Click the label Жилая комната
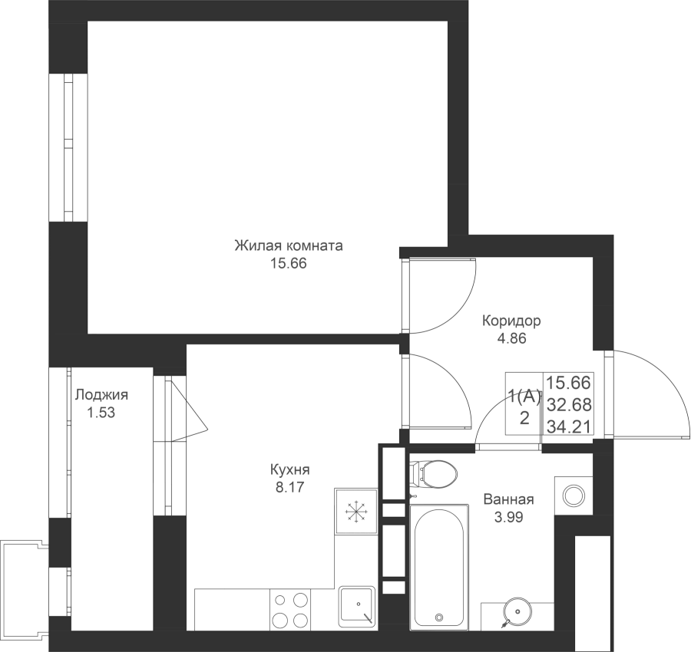pyautogui.click(x=289, y=245)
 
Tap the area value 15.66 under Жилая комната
pyautogui.click(x=289, y=263)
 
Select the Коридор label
pyautogui.click(x=511, y=321)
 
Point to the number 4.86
pyautogui.click(x=511, y=338)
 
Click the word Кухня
pyautogui.click(x=290, y=469)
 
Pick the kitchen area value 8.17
pyautogui.click(x=290, y=487)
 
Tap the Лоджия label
pyautogui.click(x=101, y=395)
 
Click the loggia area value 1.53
pyautogui.click(x=101, y=413)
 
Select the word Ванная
pyautogui.click(x=508, y=499)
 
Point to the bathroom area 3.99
pyautogui.click(x=508, y=517)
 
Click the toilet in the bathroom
pyautogui.click(x=434, y=474)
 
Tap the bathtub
pyautogui.click(x=439, y=567)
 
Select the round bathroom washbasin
pyautogui.click(x=517, y=612)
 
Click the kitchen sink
pyautogui.click(x=358, y=606)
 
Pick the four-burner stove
pyautogui.click(x=290, y=610)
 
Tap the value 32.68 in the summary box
pyautogui.click(x=568, y=404)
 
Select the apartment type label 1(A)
pyautogui.click(x=524, y=397)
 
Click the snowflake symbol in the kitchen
pyautogui.click(x=355, y=511)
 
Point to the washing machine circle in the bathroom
pyautogui.click(x=574, y=496)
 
